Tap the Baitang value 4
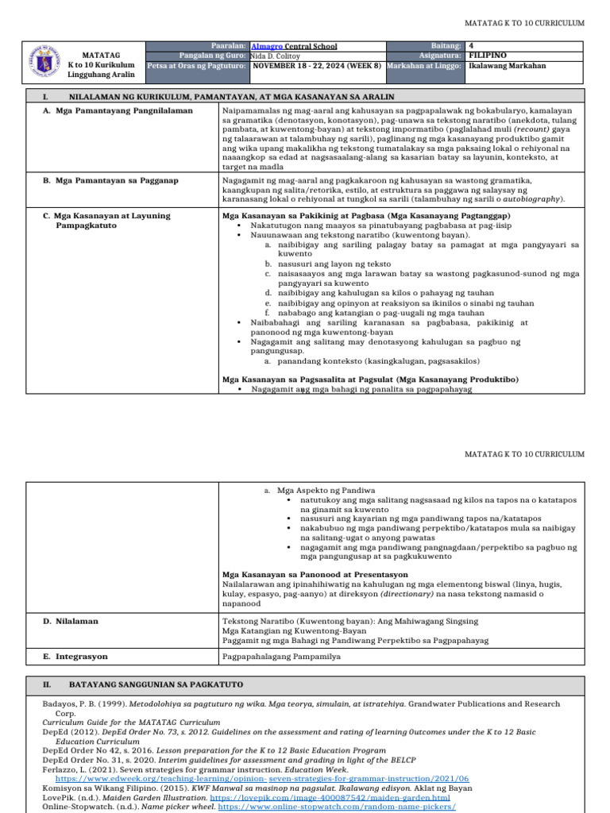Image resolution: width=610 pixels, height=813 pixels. tap(472, 46)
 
